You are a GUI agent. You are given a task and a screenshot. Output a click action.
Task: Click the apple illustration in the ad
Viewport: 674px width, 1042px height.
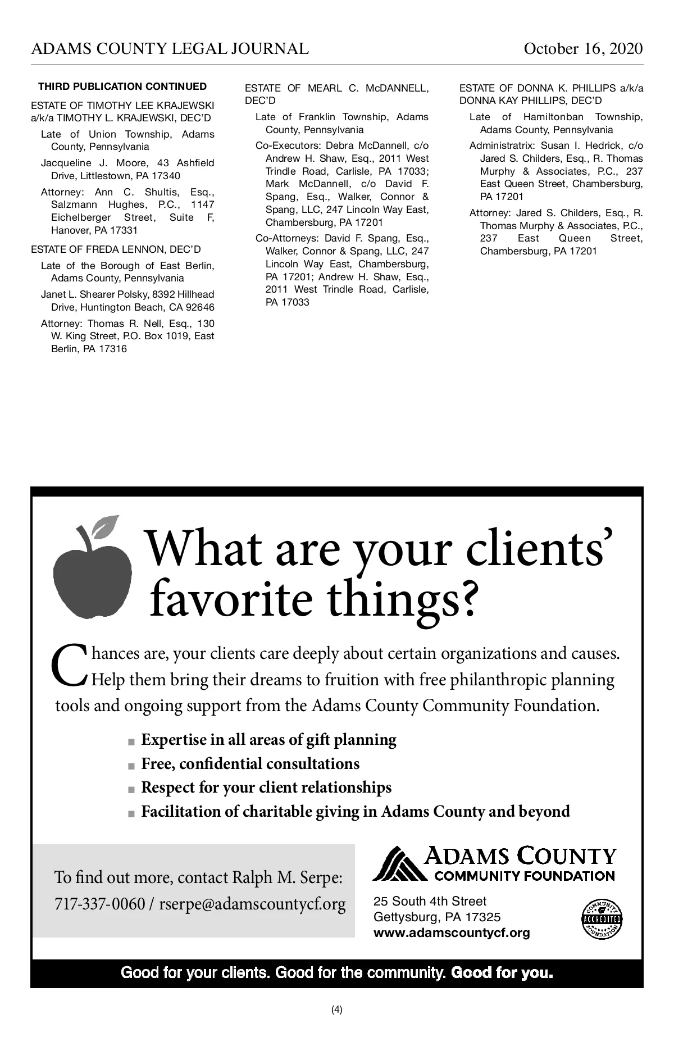coord(92,579)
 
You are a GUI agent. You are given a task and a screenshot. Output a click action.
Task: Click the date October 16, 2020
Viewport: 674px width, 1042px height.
coord(583,49)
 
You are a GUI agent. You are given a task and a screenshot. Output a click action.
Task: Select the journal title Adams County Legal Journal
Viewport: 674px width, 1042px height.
coord(170,49)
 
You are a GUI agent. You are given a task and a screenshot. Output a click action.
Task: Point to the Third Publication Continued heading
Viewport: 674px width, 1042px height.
coord(122,87)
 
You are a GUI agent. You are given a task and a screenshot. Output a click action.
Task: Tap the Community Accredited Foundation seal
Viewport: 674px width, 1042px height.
coord(602,919)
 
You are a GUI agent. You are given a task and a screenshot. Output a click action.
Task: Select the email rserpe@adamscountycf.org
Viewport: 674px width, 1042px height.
coord(253,904)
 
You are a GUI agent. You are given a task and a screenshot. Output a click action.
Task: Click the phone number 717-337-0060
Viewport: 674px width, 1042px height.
coord(99,904)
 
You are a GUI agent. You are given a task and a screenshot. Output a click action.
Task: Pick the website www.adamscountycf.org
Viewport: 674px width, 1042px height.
coord(452,933)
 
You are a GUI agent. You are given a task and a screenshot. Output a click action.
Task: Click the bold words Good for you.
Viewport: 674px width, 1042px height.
coord(502,972)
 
